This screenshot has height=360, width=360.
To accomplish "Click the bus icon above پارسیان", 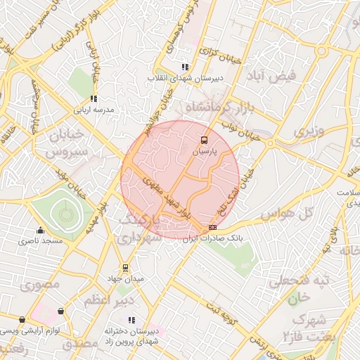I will pyautogui.click(x=205, y=140).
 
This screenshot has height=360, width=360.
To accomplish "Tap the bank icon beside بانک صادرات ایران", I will pyautogui.click(x=213, y=228).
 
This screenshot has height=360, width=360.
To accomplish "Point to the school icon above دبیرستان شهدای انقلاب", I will pyautogui.click(x=186, y=67).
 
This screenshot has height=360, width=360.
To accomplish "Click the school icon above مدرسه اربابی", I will pyautogui.click(x=94, y=99).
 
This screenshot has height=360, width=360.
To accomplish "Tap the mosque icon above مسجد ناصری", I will pyautogui.click(x=40, y=230).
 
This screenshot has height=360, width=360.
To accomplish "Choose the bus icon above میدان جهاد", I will pyautogui.click(x=125, y=267).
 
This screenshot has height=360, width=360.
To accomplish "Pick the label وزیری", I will pyautogui.click(x=310, y=131).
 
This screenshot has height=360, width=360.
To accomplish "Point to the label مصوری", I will pyautogui.click(x=40, y=285).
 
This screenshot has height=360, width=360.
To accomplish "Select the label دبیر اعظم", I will pyautogui.click(x=105, y=301).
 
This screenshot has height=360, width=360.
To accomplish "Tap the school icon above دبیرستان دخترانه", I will pyautogui.click(x=131, y=320).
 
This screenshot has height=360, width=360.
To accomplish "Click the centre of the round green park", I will pyautogui.click(x=65, y=213).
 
